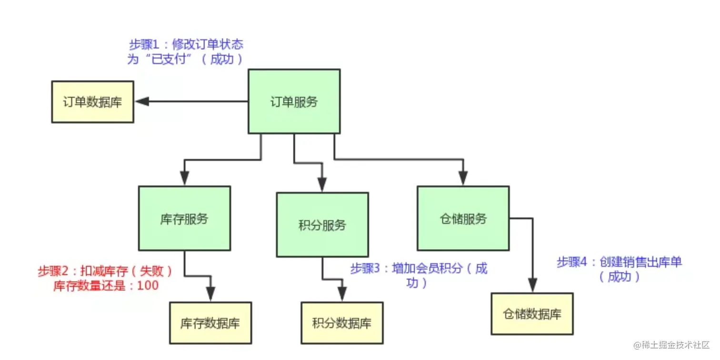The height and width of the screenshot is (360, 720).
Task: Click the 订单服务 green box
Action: pos(294,101)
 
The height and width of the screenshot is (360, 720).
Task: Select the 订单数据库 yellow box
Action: pos(92,102)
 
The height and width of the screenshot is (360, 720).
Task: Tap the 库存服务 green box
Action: pos(184,219)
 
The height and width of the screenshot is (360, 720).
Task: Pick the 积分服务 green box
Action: pos(322,225)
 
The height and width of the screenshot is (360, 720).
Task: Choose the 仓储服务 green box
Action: pos(463,219)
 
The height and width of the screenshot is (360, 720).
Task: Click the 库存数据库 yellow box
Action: pos(210,323)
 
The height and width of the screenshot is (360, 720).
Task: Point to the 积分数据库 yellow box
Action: pos(341,323)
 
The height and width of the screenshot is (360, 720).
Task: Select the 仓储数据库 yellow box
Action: pos(532,314)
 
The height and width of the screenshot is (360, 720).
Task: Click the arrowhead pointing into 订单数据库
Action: pos(142,101)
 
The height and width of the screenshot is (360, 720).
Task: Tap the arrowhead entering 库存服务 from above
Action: pos(184,178)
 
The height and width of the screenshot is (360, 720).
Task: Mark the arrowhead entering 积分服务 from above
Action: pos(322,184)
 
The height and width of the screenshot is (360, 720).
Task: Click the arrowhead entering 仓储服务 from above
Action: pos(463,178)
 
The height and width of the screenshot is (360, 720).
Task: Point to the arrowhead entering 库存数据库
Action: pos(210,294)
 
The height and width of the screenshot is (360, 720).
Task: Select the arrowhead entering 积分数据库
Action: pos(341,294)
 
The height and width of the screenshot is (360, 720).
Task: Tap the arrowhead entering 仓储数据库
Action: pos(532,284)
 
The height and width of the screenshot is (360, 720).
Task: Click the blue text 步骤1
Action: pos(145,45)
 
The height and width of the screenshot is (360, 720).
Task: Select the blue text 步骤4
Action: pos(573,262)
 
